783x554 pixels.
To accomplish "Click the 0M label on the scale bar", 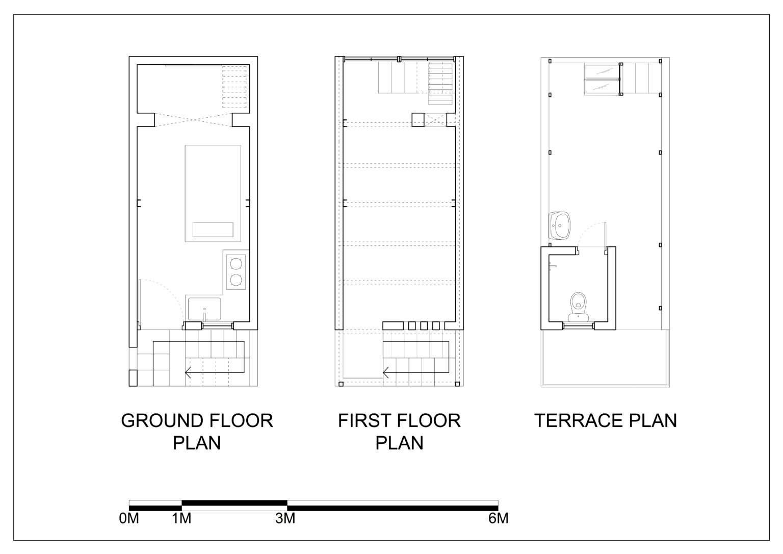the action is tap(129, 518).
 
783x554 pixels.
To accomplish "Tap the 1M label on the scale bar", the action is tap(181, 518).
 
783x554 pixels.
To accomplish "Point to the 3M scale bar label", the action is tap(285, 518).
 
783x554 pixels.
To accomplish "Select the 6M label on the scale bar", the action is tap(499, 518).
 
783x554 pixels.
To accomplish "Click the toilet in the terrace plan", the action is tap(579, 307).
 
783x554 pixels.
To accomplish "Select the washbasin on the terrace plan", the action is tap(559, 225).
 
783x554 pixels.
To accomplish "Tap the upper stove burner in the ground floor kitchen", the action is tap(236, 264).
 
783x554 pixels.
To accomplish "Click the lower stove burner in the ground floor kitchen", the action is tap(236, 280).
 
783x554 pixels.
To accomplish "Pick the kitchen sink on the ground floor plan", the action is tap(204, 309).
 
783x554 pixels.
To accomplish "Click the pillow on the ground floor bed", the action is tap(213, 230).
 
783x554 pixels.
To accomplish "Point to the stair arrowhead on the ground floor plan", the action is tap(188, 373).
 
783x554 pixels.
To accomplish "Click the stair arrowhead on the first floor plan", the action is tap(386, 372).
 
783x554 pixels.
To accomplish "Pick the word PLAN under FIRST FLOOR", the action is tap(399, 443).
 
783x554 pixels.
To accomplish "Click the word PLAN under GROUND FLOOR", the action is tap(197, 443).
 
